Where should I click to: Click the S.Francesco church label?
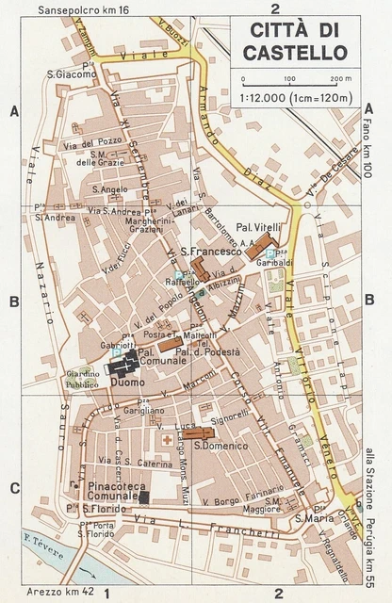[206, 252]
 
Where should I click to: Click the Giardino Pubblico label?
[83, 380]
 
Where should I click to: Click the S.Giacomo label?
[73, 74]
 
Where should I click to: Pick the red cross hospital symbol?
[168, 440]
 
